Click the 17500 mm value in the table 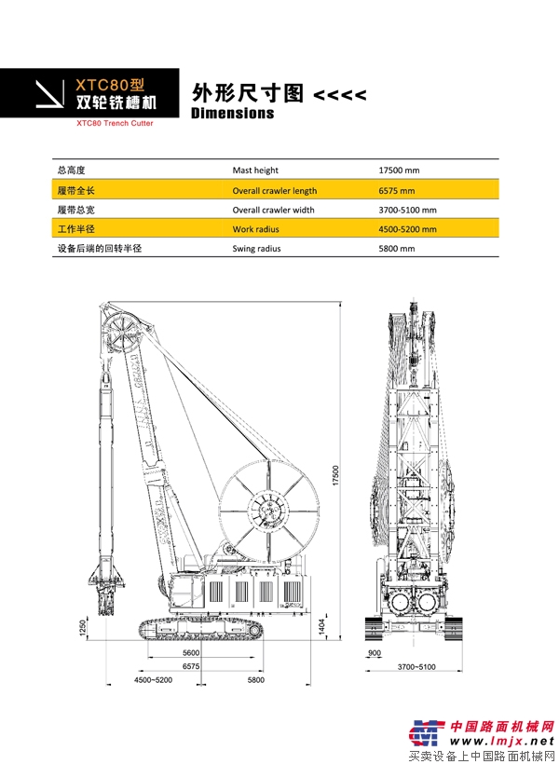tap(399, 171)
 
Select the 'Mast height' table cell tap(255, 171)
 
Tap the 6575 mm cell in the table tap(395, 190)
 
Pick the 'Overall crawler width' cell tap(273, 210)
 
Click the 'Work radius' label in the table tap(254, 229)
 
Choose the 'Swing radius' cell tap(256, 249)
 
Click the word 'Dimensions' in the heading tap(232, 114)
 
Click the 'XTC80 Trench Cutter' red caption tap(115, 123)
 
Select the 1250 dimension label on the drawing tap(83, 629)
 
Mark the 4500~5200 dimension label tap(154, 680)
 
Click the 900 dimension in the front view tap(375, 654)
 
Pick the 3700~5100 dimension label tap(416, 667)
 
